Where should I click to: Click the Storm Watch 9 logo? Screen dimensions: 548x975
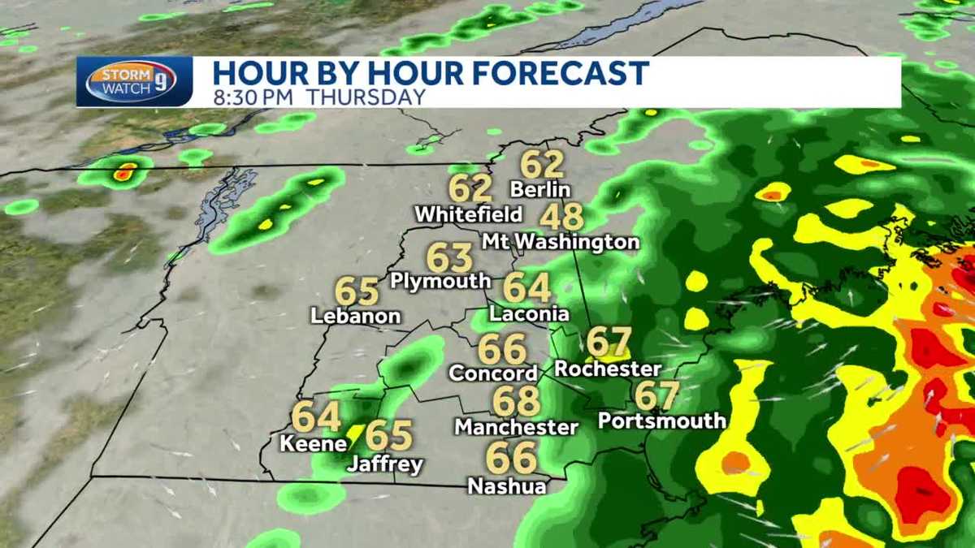click(x=134, y=81)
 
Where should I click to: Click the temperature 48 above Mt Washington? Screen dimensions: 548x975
click(x=561, y=218)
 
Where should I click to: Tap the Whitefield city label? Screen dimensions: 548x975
click(x=468, y=214)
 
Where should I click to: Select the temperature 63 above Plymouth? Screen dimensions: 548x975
click(x=449, y=258)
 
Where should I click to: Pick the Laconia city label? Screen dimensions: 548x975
click(x=529, y=313)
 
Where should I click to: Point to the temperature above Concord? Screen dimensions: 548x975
click(x=502, y=349)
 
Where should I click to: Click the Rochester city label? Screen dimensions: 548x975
click(x=608, y=369)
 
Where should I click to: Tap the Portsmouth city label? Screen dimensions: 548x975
click(x=661, y=421)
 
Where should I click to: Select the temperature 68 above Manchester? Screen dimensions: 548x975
click(x=517, y=401)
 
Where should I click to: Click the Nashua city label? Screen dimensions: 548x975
click(x=506, y=485)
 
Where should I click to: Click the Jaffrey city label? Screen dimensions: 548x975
click(x=385, y=464)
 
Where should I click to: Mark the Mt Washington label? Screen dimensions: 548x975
click(x=561, y=242)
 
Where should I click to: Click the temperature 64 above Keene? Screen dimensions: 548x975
click(x=316, y=417)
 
